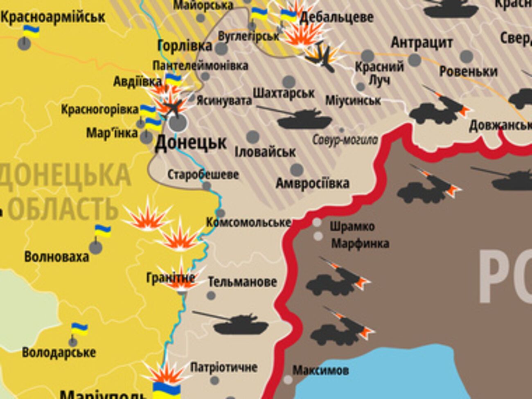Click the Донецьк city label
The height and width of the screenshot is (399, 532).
click(x=191, y=143)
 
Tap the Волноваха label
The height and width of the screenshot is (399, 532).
click(x=56, y=257)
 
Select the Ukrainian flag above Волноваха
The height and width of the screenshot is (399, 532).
click(x=103, y=231)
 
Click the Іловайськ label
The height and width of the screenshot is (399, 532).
click(x=265, y=152)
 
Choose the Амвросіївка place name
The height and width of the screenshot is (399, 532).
click(x=312, y=183)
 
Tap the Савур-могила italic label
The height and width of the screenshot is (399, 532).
click(x=345, y=140)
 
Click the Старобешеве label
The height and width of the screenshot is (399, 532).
click(x=203, y=175)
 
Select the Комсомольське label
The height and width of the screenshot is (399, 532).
click(x=248, y=222)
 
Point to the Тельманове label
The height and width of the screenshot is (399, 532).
click(x=242, y=282)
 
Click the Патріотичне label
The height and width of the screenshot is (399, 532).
click(x=224, y=367)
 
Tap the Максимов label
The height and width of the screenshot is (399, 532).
click(x=320, y=371)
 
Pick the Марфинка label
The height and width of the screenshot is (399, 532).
click(x=360, y=243)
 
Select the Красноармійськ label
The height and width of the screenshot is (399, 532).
click(x=53, y=17)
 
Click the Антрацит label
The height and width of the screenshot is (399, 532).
click(x=422, y=43)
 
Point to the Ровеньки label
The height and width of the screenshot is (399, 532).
click(x=468, y=71)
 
